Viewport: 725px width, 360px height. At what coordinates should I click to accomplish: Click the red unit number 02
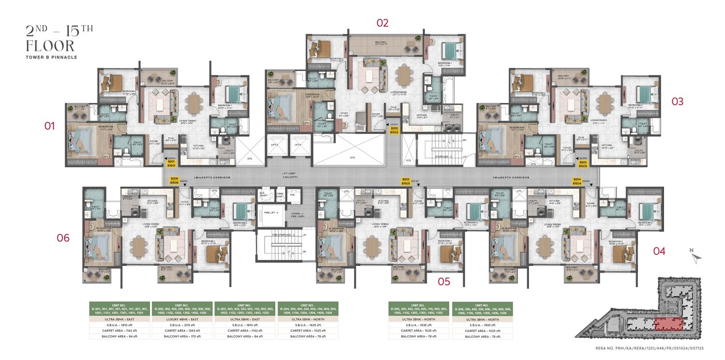pyautogui.click(x=382, y=23)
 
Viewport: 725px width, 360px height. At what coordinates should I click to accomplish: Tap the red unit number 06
pyautogui.click(x=63, y=238)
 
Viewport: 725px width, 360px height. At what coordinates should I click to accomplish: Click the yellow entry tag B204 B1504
pyautogui.click(x=577, y=181)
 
